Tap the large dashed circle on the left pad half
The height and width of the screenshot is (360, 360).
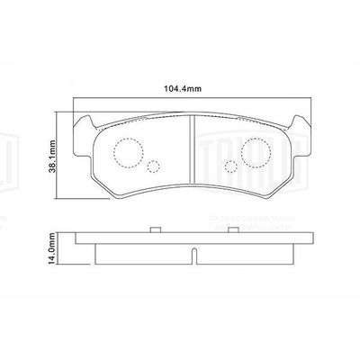tap(131, 149)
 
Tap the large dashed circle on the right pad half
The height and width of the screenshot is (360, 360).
tap(251, 149)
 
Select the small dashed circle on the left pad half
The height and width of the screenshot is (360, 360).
tap(153, 166)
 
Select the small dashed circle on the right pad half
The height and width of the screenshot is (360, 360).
tap(230, 166)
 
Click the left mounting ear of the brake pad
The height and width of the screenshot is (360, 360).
tap(84, 125)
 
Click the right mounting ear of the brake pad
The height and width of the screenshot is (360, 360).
tap(300, 125)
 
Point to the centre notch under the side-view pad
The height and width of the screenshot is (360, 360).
tap(191, 256)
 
